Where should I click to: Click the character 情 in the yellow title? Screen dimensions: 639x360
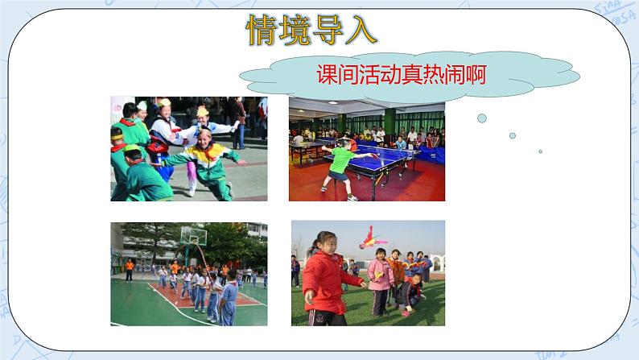point(262,30)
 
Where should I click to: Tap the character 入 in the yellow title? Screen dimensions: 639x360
point(361,30)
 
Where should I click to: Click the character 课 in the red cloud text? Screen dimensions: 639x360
point(327,75)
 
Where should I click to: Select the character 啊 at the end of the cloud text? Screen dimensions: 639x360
point(476,75)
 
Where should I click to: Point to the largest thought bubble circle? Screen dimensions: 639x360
point(482,118)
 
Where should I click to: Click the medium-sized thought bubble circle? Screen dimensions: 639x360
point(513,135)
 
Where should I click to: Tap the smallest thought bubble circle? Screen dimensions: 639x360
point(540,151)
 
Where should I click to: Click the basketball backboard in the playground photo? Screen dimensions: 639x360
point(194,235)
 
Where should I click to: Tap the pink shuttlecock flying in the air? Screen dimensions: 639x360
point(370,238)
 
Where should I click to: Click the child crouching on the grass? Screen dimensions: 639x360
point(410,294)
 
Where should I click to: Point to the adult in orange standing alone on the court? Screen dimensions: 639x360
point(130,271)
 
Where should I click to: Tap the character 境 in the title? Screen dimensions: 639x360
point(295,30)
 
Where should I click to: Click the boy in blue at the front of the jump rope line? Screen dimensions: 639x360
point(229,298)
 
